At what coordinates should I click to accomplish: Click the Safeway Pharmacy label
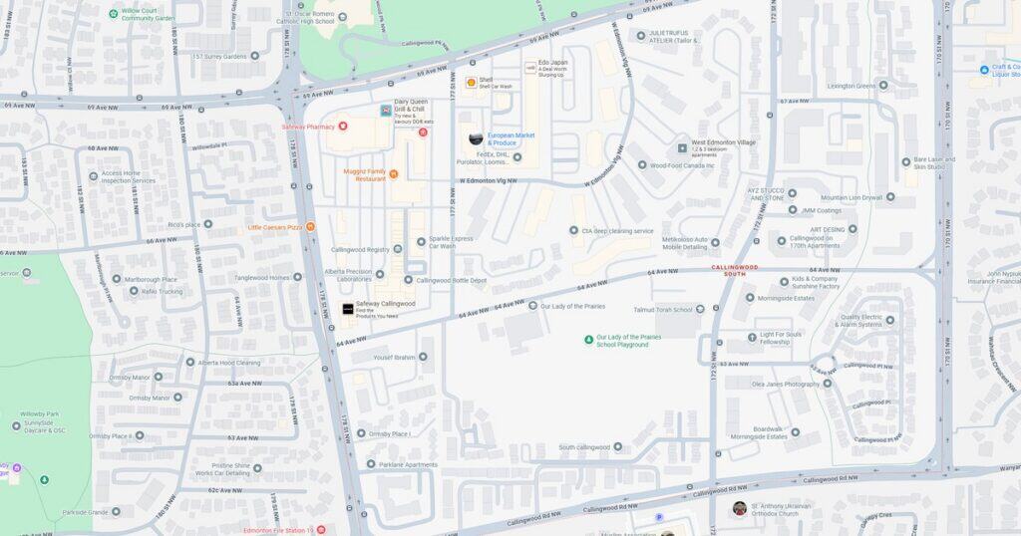coord(306,127)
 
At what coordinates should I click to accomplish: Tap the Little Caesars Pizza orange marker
coord(311,227)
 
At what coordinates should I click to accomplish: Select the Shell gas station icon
coord(471,83)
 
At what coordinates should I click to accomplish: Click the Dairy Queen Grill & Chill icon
coord(386,111)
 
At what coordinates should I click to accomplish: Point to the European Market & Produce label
coord(511,138)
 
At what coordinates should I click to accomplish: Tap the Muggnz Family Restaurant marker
coord(394,174)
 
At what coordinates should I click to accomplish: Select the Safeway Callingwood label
coord(385,303)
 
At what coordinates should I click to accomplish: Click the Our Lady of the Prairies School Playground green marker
coord(589,340)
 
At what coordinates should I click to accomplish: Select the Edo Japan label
coord(551,62)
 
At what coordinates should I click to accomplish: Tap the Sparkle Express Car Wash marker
coord(421,240)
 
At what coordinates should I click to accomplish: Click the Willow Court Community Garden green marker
coord(114,13)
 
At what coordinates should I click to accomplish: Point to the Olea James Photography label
coord(785,384)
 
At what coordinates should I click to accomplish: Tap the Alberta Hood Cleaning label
coord(228,363)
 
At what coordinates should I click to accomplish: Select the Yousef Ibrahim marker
coord(423,357)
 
